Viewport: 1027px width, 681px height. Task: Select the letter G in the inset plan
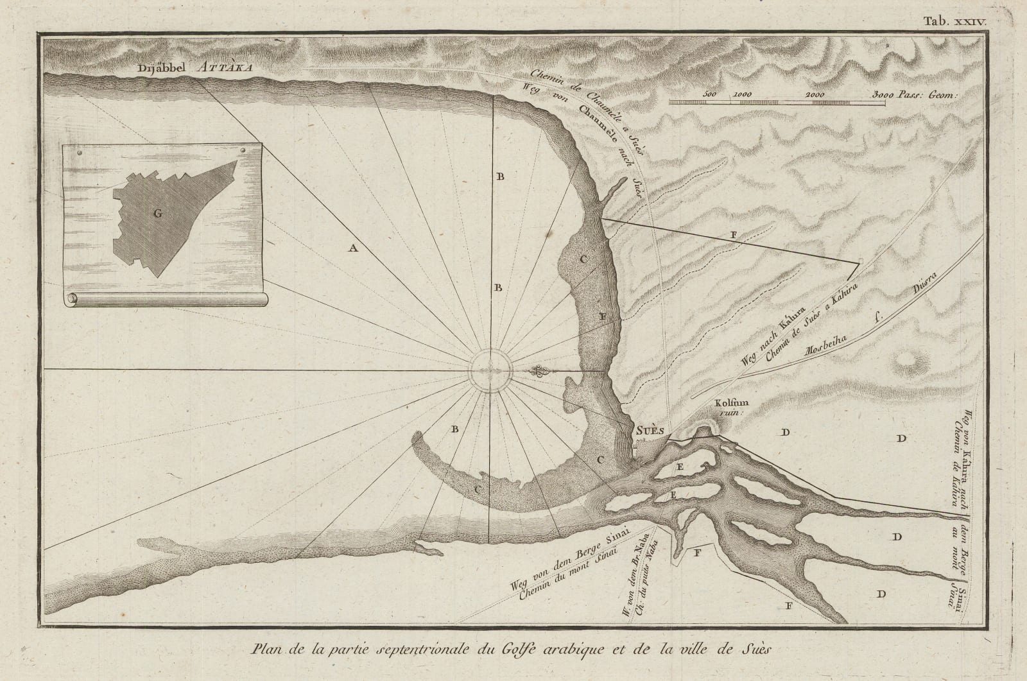coord(156,214)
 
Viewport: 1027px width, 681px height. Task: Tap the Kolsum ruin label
coord(729,409)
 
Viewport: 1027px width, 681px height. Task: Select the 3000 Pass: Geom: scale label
coord(915,94)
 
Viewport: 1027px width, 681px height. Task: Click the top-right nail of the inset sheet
coord(244,150)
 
